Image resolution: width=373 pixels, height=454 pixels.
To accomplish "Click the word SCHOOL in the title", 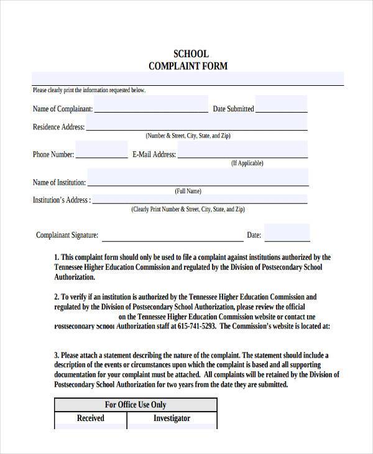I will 191,53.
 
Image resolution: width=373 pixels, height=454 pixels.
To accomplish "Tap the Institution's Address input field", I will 200,200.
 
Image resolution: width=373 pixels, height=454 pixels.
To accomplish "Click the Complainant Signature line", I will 172,236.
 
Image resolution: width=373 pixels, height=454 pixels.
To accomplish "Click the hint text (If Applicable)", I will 247,164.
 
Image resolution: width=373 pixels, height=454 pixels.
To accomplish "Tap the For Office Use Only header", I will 136,404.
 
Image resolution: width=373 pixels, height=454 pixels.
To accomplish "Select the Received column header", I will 90,419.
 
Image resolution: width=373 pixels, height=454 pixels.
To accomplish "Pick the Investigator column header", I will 172,419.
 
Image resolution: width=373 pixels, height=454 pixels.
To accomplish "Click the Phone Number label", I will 53,155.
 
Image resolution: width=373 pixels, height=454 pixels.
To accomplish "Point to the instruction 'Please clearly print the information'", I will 89,90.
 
